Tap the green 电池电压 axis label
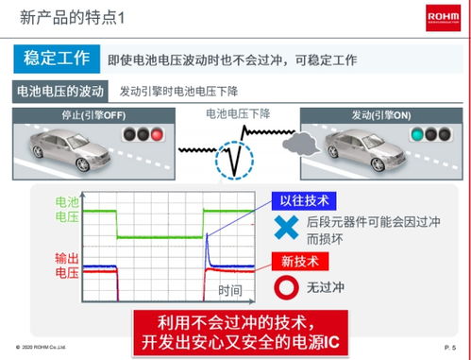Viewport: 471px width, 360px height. click(68, 210)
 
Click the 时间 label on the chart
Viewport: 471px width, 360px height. click(230, 290)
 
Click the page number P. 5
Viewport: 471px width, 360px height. click(449, 349)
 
